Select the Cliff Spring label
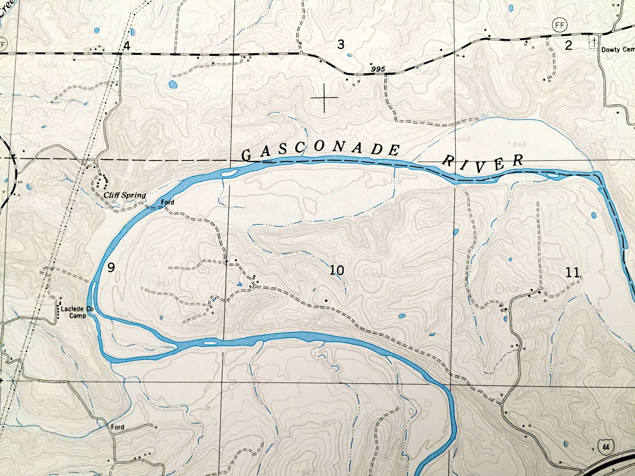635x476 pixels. pyautogui.click(x=125, y=196)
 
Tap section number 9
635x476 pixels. pyautogui.click(x=111, y=268)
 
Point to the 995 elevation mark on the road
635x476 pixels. pyautogui.click(x=377, y=69)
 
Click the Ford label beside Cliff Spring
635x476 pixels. pyautogui.click(x=167, y=202)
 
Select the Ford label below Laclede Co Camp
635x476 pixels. pyautogui.click(x=118, y=427)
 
